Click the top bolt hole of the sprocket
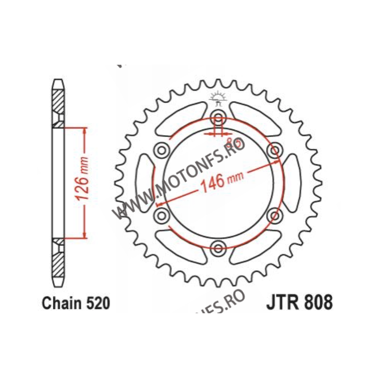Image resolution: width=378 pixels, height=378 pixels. tap(218, 118)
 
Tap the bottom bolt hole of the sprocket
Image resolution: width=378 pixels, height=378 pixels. tap(218, 247)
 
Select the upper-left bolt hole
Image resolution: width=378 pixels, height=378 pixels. tap(162, 150)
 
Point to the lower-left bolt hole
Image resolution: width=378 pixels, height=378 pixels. tap(162, 215)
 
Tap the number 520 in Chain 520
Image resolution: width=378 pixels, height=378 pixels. tap(96, 303)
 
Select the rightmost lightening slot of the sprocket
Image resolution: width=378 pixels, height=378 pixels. tap(291, 183)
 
